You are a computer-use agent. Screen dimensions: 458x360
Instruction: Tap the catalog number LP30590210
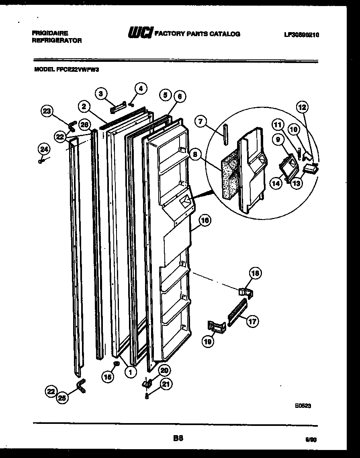[x=301, y=35]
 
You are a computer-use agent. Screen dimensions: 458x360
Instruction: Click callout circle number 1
[x=130, y=372]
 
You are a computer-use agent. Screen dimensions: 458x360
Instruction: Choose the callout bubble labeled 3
[x=102, y=94]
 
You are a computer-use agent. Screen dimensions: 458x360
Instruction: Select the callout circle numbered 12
[x=303, y=107]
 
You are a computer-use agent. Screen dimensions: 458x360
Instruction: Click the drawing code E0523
[x=303, y=406]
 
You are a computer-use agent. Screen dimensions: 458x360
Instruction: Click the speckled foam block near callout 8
[x=229, y=177]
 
